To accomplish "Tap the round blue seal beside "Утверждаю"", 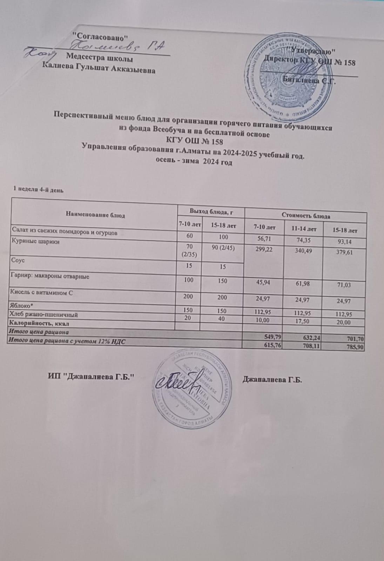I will (292, 76).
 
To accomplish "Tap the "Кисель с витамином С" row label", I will (42, 292).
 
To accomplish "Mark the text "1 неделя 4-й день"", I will (38, 190).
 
